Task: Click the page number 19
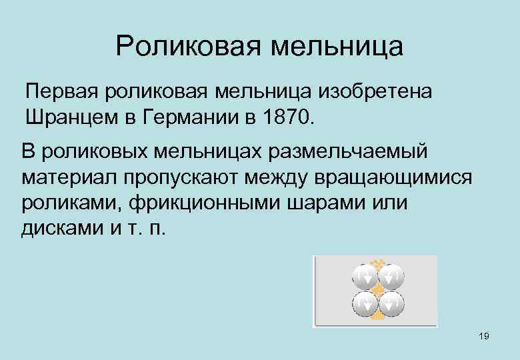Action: [x=484, y=336]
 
